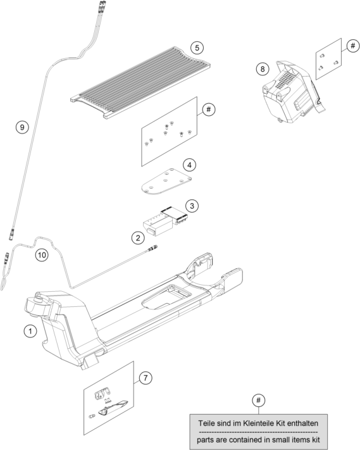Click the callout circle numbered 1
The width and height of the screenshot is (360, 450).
click(30, 331)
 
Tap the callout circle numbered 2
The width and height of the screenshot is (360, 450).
click(139, 237)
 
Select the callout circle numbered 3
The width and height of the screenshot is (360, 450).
click(192, 206)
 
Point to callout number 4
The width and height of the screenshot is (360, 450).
click(189, 165)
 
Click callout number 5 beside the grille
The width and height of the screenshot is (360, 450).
click(197, 47)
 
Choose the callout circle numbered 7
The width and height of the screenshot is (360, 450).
click(146, 378)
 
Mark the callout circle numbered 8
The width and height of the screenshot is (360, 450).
click(263, 69)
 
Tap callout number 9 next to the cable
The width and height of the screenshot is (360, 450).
click(22, 127)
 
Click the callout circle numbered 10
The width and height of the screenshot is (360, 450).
click(42, 255)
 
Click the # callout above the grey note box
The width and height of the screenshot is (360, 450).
click(259, 400)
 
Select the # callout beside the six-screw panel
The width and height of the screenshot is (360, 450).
click(209, 109)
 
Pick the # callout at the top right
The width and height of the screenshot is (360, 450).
click(353, 46)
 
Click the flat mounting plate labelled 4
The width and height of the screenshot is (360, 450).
click(166, 182)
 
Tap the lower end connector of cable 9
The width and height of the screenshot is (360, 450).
click(12, 234)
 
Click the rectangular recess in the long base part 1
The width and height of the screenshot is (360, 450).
click(167, 297)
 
